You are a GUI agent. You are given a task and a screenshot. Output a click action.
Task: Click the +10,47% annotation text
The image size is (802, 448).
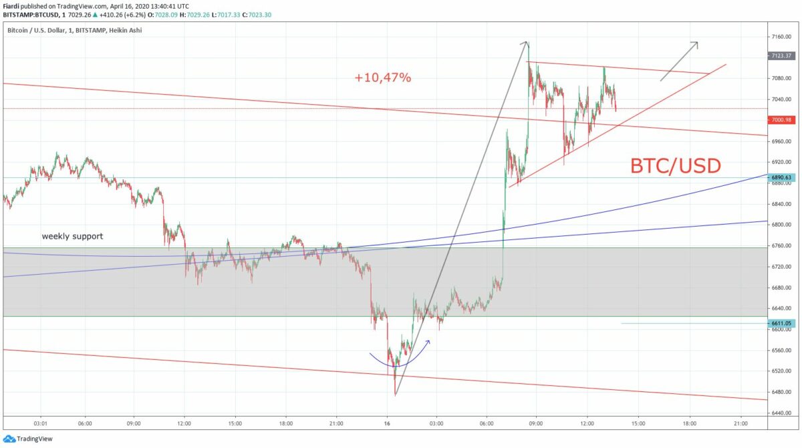coord(383,78)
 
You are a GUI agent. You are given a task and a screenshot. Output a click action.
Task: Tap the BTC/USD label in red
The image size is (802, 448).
coord(676,165)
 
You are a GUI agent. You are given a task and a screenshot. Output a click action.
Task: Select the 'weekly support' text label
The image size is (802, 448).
coord(72,236)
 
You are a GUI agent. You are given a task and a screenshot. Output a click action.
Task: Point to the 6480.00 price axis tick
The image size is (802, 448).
coord(781,392)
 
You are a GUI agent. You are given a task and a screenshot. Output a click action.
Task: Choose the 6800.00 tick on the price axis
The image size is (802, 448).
coord(781,225)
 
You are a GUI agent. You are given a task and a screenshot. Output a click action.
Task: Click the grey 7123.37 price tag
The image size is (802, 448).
coord(780,56)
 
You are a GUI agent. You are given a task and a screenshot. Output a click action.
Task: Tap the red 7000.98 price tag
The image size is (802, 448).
coord(780,120)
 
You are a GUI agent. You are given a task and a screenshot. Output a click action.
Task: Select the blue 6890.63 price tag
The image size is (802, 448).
coord(780,178)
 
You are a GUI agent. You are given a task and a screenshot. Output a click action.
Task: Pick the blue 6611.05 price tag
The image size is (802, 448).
coord(780,323)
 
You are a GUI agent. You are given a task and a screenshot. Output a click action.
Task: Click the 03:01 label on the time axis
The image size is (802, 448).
coord(39,423)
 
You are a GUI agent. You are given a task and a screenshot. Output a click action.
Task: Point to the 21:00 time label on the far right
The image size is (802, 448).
coord(741,423)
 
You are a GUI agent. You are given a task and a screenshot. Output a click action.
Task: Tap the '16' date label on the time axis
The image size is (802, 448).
coord(387,423)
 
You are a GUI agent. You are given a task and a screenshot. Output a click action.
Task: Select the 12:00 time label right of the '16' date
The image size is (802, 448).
coord(587,423)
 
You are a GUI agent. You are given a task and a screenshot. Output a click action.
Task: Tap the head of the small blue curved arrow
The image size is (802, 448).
coord(428,342)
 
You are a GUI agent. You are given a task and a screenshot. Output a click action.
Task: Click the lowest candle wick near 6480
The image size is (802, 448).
coord(395,394)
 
